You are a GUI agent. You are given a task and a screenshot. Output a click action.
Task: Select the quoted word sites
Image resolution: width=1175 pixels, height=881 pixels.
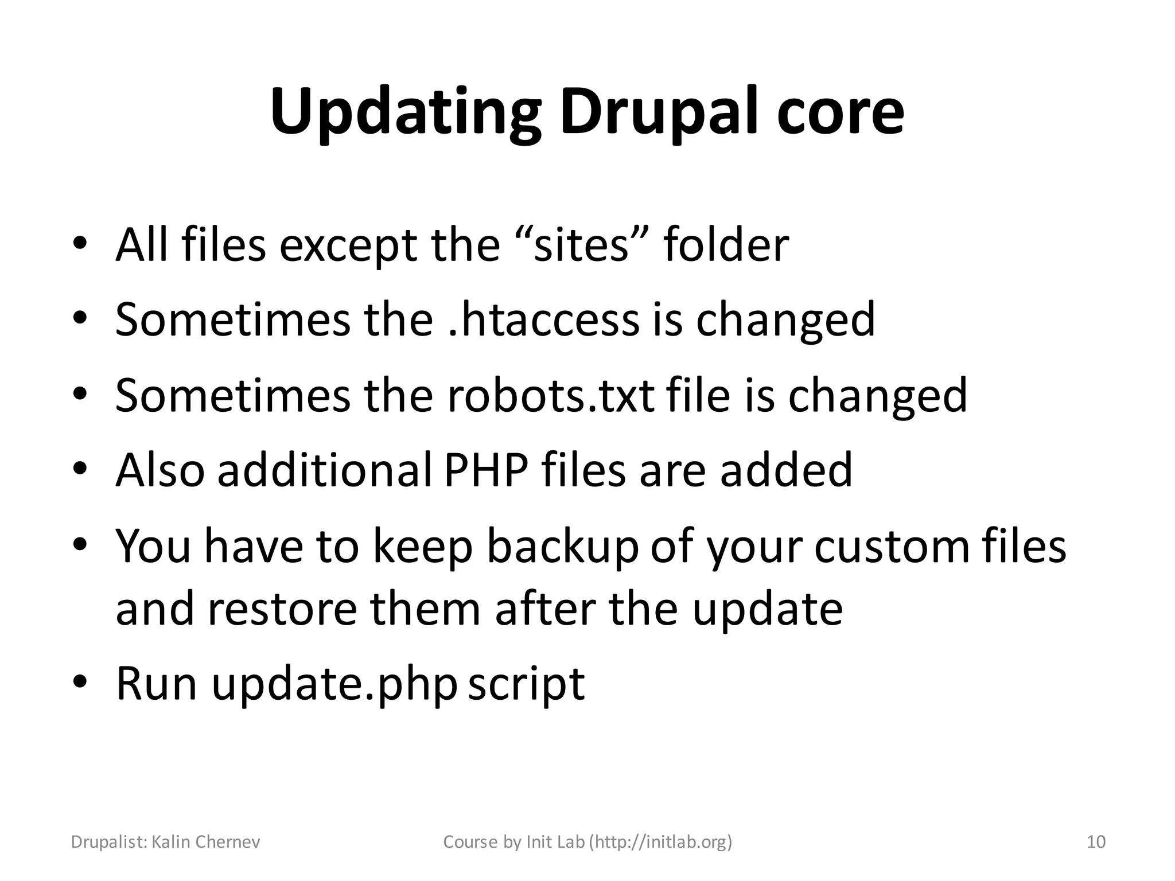click(582, 245)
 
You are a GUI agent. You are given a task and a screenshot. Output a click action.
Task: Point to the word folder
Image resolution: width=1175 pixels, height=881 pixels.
click(726, 245)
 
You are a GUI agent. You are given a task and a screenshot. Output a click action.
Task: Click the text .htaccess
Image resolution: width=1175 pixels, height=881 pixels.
click(543, 320)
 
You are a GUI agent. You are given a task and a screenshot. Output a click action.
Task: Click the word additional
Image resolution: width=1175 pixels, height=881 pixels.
click(325, 470)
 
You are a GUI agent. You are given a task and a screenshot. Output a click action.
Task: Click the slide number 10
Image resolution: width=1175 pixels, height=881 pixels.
click(1096, 842)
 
